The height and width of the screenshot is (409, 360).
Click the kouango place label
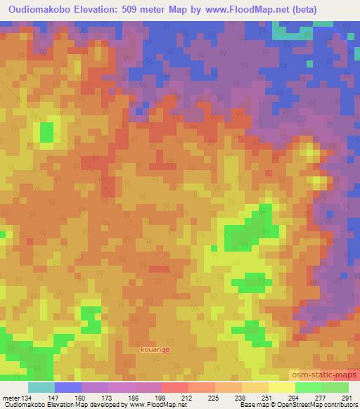pyautogui.click(x=155, y=349)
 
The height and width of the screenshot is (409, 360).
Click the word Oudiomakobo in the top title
pyautogui.click(x=41, y=10)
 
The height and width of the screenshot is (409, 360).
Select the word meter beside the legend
pyautogui.click(x=11, y=397)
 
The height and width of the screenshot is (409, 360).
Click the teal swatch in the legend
pyautogui.click(x=41, y=387)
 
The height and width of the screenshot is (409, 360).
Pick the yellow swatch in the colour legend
pyautogui.click(x=281, y=387)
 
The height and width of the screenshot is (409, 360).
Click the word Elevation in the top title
pyautogui.click(x=105, y=10)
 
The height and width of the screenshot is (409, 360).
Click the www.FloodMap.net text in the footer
pyautogui.click(x=150, y=405)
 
